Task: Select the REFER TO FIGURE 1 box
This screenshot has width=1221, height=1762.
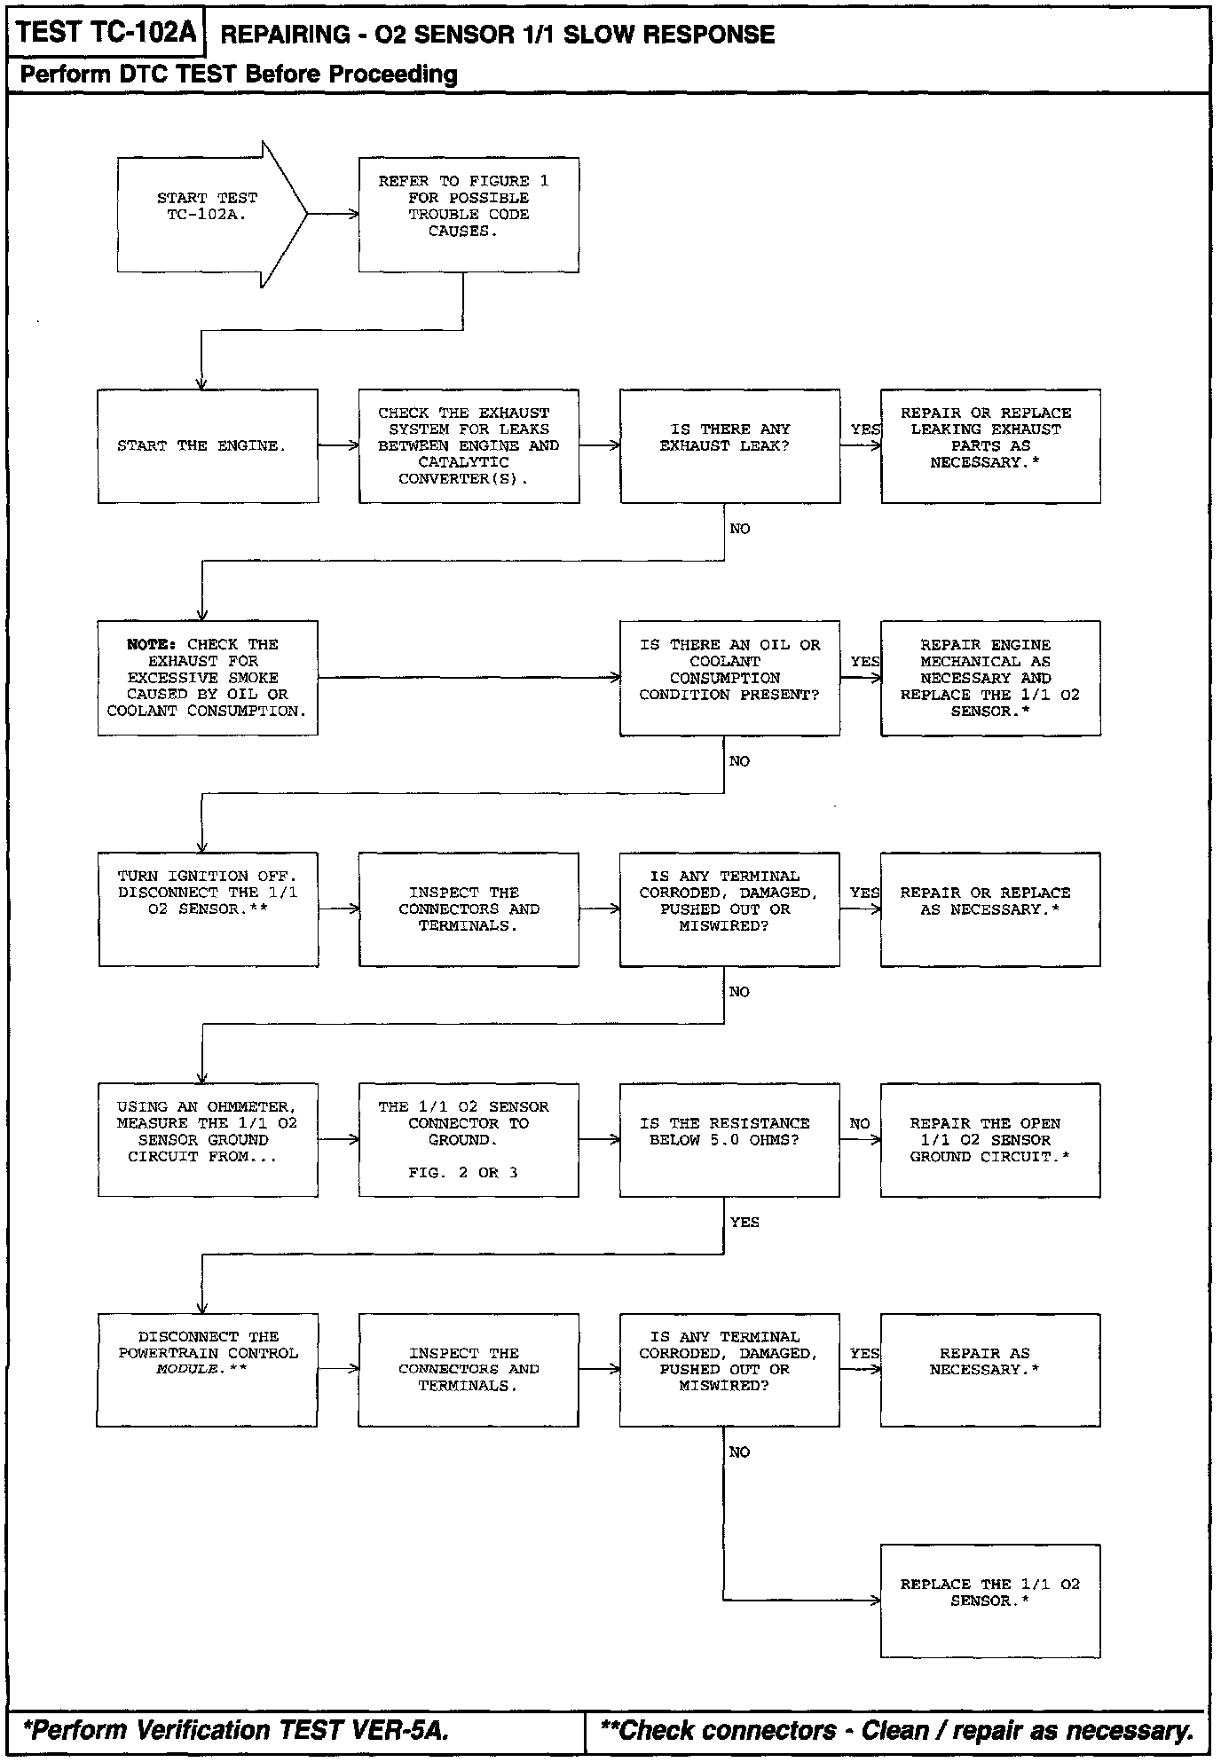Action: pyautogui.click(x=469, y=215)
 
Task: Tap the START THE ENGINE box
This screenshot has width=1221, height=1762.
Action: pyautogui.click(x=208, y=446)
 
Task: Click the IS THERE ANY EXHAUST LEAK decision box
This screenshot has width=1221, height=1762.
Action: pyautogui.click(x=729, y=446)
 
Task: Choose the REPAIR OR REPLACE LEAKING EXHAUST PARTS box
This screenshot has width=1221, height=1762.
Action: pyautogui.click(x=990, y=446)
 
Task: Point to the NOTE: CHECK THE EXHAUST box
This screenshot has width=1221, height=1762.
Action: pyautogui.click(x=208, y=678)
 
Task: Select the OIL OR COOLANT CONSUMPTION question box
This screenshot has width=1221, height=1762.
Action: pyautogui.click(x=729, y=678)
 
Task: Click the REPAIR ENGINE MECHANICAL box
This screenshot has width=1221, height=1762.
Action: pyautogui.click(x=990, y=678)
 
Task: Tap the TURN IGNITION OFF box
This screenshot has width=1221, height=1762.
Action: pyautogui.click(x=208, y=909)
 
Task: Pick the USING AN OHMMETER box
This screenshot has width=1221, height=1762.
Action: pyautogui.click(x=208, y=1140)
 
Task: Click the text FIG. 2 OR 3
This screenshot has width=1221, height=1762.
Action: pyautogui.click(x=463, y=1173)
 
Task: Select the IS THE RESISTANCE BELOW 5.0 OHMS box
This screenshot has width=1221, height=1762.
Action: pyautogui.click(x=729, y=1140)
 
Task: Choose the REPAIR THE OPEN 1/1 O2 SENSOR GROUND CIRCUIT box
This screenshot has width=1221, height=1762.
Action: pyautogui.click(x=990, y=1140)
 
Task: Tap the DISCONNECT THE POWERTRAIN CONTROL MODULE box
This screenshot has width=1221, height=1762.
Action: pyautogui.click(x=207, y=1370)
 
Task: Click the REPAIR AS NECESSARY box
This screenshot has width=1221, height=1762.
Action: pyautogui.click(x=990, y=1370)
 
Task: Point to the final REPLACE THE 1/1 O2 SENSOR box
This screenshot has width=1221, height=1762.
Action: pyautogui.click(x=990, y=1601)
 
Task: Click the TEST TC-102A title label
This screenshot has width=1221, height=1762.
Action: pyautogui.click(x=105, y=33)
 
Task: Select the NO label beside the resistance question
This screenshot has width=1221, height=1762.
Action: pyautogui.click(x=860, y=1124)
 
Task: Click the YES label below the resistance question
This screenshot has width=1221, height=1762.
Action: pyautogui.click(x=744, y=1223)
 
